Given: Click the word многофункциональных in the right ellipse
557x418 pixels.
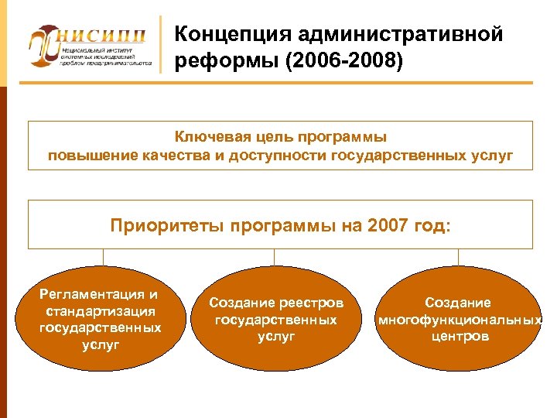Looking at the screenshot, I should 459,320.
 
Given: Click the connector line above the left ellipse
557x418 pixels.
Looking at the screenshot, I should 103,257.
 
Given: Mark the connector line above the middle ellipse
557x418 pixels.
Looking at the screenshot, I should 275,257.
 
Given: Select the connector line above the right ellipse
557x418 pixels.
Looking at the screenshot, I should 458,257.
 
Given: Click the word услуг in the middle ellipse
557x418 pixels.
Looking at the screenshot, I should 276,337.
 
